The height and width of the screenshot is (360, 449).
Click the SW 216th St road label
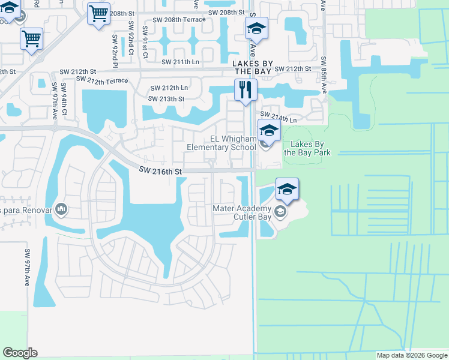[160, 172]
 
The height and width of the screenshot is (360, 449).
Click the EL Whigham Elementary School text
[221, 143]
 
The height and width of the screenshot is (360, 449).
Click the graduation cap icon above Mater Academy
[287, 189]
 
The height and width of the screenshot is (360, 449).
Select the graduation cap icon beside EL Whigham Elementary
[269, 130]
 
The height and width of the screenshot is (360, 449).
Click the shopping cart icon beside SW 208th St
[98, 13]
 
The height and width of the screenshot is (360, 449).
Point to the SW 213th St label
[166, 98]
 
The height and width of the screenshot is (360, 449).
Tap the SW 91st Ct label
[145, 42]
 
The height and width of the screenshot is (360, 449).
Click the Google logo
[20, 353]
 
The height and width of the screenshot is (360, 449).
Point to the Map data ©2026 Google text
[412, 355]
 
